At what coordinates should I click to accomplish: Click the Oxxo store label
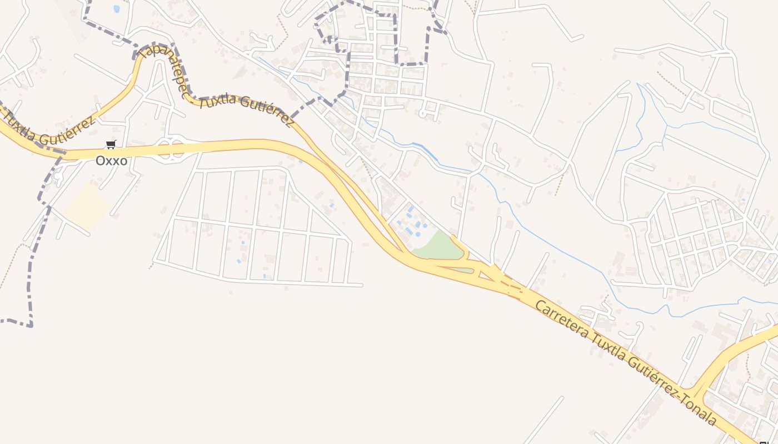tap(111, 161)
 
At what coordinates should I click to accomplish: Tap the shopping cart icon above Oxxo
tap(111, 145)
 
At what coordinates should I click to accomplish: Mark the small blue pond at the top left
tap(116, 9)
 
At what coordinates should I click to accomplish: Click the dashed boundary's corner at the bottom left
tap(30, 324)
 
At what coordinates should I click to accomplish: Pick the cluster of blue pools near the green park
tap(412, 222)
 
